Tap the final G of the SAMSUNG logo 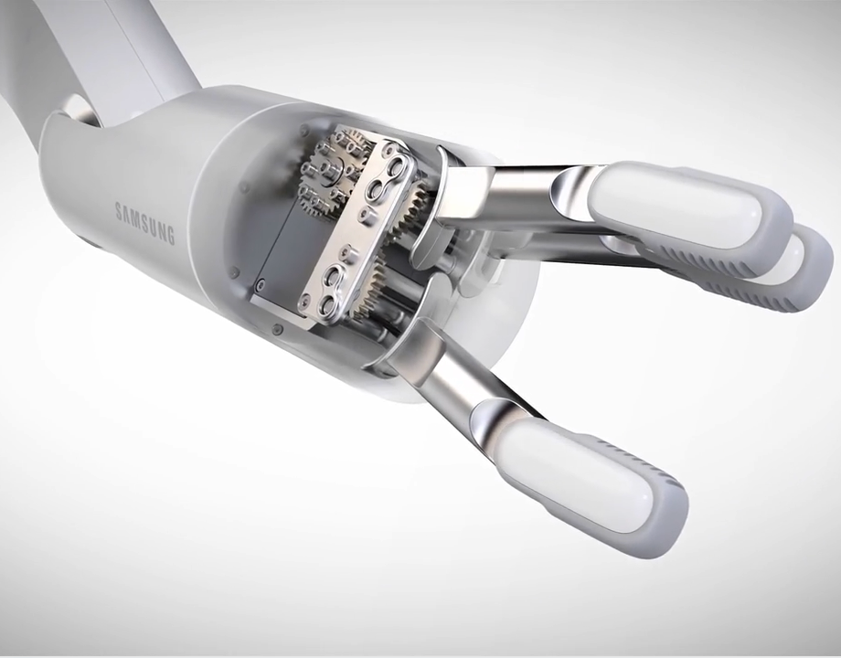(170, 236)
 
